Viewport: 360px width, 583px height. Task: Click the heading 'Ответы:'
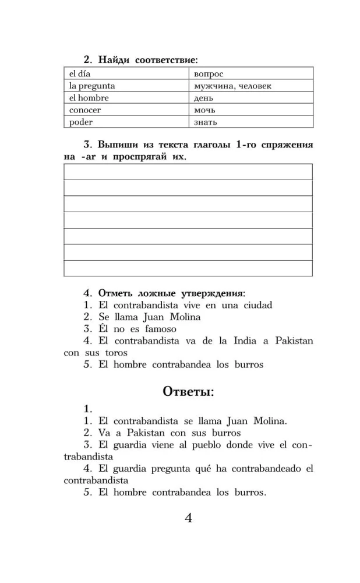tap(188, 391)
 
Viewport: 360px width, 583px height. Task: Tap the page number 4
tap(188, 518)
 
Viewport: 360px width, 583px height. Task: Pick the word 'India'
tap(233, 340)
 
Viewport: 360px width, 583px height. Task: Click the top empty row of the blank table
tap(188, 173)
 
